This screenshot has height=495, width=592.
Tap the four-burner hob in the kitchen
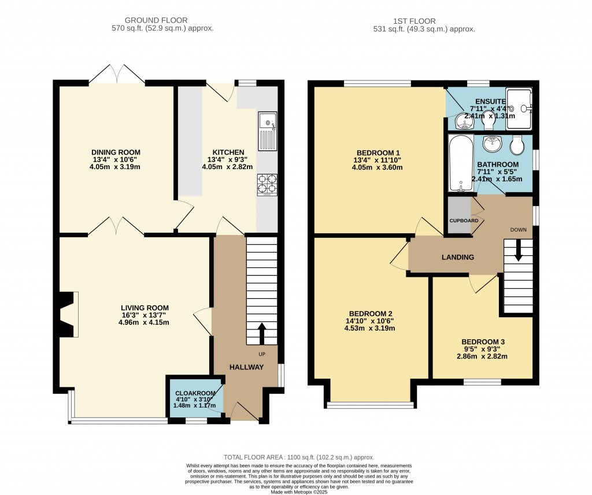pyautogui.click(x=267, y=184)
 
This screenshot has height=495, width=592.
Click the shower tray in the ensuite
pyautogui.click(x=519, y=108)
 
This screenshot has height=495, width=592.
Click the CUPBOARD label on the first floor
pyautogui.click(x=464, y=221)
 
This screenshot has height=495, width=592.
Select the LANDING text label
pyautogui.click(x=458, y=257)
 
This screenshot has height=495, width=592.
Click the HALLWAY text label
pyautogui.click(x=246, y=367)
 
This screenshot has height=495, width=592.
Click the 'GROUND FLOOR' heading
pyautogui.click(x=162, y=20)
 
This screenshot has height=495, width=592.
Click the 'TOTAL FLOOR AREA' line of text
pyautogui.click(x=299, y=457)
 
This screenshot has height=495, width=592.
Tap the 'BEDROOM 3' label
pyautogui.click(x=483, y=342)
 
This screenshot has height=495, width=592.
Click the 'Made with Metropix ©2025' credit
pyautogui.click(x=299, y=492)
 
